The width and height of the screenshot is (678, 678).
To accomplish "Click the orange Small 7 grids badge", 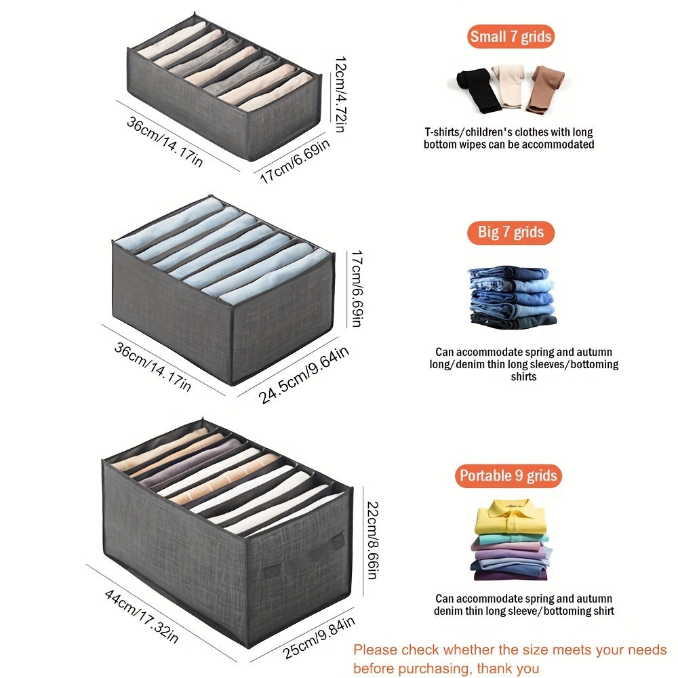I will [511, 37].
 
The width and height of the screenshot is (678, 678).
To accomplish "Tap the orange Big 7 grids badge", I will [511, 233].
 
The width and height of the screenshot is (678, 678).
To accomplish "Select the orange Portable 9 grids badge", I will [509, 476].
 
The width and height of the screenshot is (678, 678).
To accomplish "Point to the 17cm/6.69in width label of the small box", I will [296, 161].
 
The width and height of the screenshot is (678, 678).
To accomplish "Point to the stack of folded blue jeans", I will [511, 297].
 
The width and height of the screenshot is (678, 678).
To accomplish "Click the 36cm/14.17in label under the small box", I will [164, 140].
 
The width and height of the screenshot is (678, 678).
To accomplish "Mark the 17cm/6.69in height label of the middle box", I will [357, 288].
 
